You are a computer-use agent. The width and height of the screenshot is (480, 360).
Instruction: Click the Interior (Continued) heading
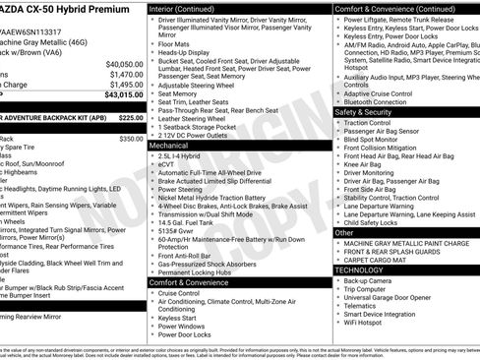189,8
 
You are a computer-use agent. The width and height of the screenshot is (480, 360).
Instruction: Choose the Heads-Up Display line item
190,53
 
